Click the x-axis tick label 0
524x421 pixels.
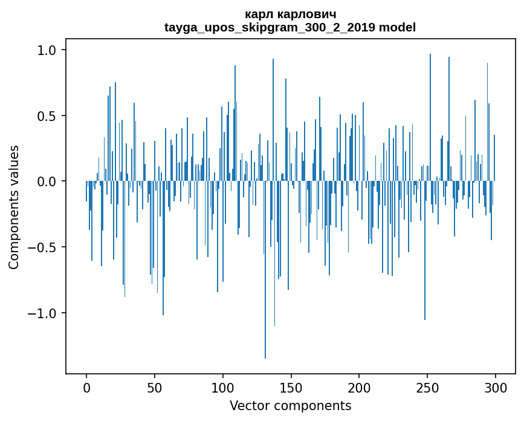[x=86, y=387]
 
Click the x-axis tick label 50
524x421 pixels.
[x=155, y=387]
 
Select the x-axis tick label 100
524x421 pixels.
[x=223, y=387]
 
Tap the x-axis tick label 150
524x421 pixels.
[x=291, y=387]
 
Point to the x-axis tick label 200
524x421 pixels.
[x=359, y=387]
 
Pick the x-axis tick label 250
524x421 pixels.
[x=427, y=387]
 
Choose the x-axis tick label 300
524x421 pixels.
[x=496, y=387]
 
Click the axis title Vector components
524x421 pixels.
[x=290, y=405]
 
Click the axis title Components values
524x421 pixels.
[x=14, y=207]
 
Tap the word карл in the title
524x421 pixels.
[x=258, y=14]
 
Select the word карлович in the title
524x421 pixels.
[x=305, y=14]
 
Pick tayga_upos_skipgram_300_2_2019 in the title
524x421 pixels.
[x=270, y=27]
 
